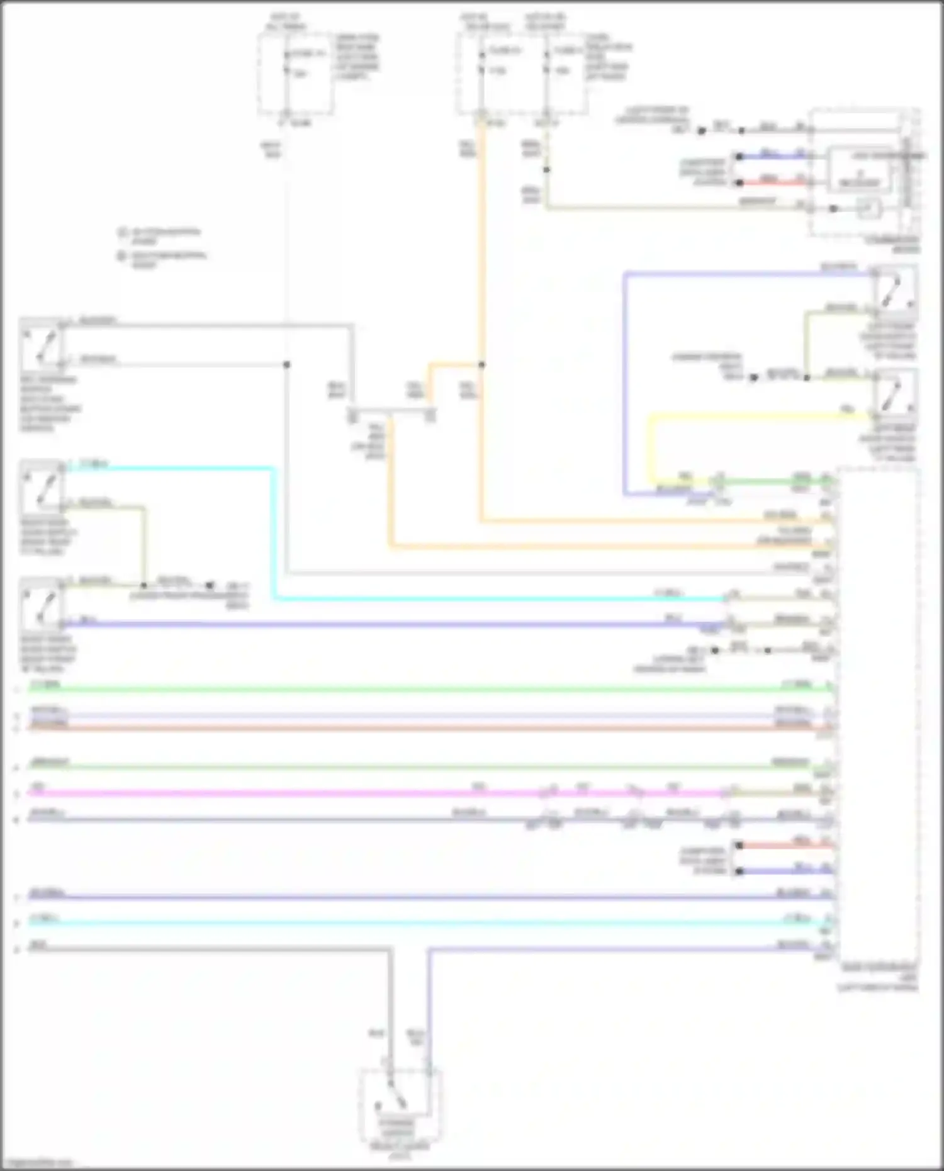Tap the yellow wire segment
click(755, 415)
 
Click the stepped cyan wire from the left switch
click(274, 535)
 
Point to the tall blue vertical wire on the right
click(625, 378)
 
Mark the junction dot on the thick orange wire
click(481, 364)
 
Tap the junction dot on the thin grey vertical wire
click(286, 364)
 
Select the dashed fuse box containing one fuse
click(295, 74)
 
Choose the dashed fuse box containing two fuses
click(522, 74)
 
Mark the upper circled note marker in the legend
click(123, 232)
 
